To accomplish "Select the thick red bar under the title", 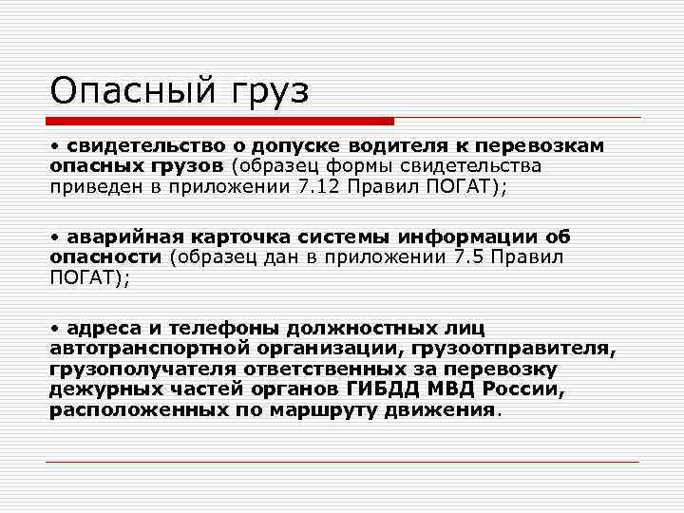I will tap(220, 122).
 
